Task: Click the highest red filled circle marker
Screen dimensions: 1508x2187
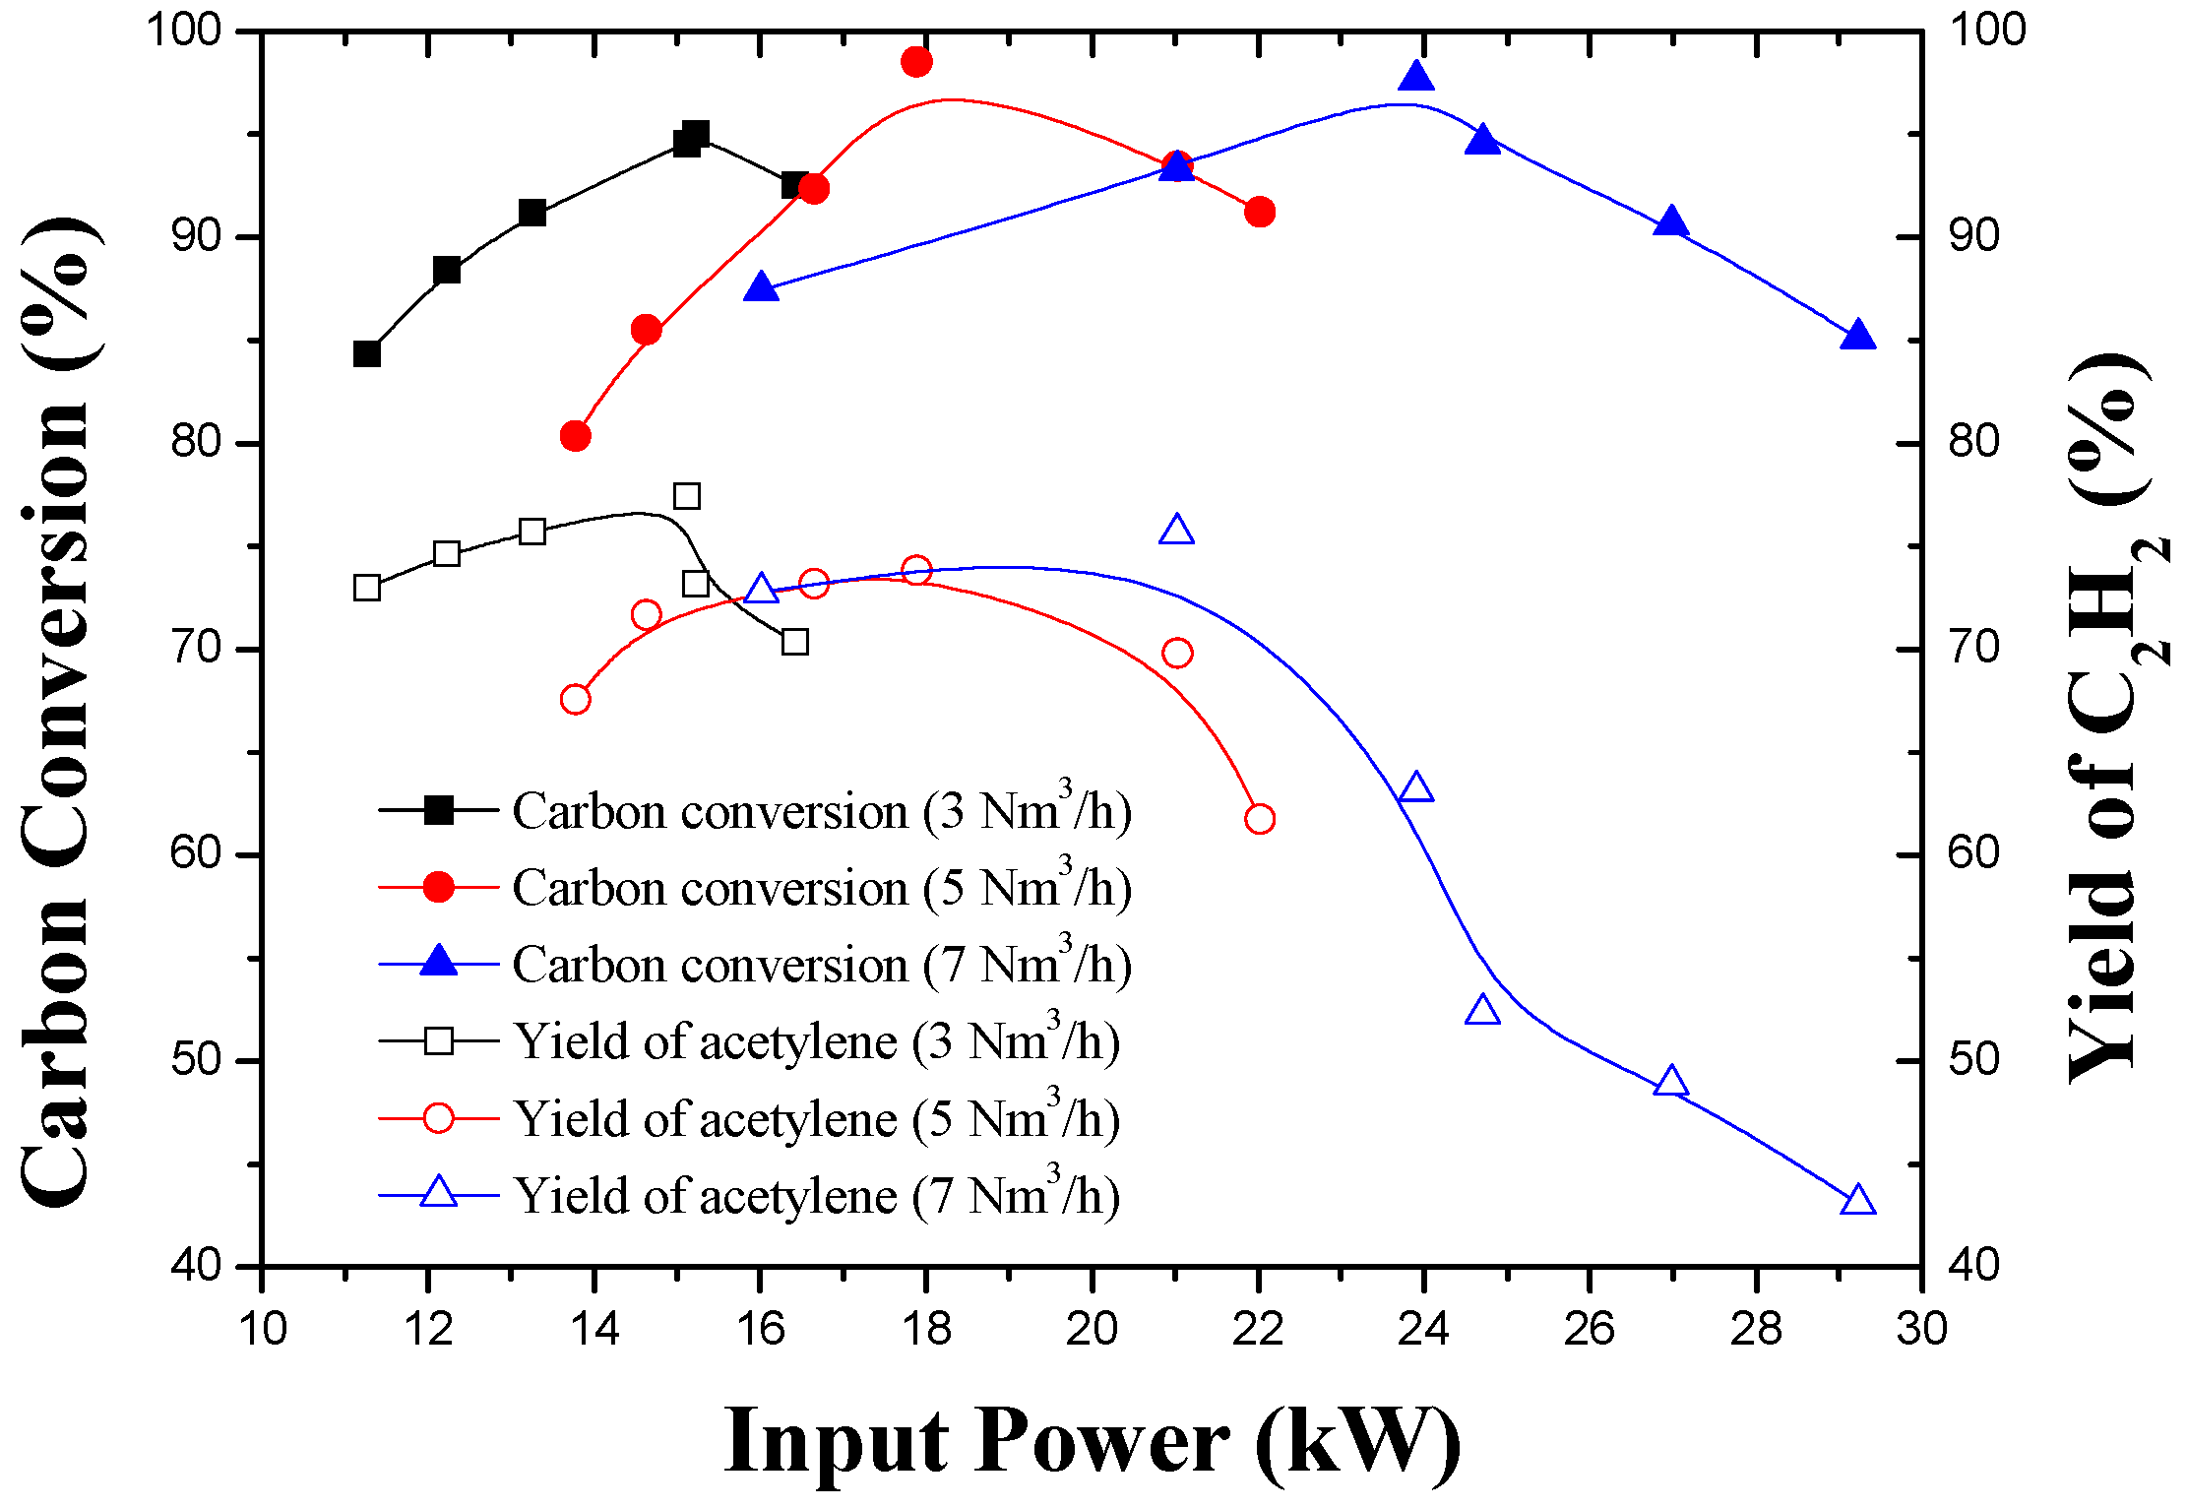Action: [916, 62]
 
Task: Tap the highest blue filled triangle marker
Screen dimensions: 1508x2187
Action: [1416, 76]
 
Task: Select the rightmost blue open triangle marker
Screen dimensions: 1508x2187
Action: [1857, 1201]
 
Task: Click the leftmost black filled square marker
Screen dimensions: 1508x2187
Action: [366, 353]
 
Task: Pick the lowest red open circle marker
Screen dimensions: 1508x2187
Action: [1259, 819]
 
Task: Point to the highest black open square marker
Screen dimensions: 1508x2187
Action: [687, 496]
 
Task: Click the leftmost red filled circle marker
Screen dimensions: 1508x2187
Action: [576, 436]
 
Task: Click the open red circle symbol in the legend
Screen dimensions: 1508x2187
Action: [438, 1118]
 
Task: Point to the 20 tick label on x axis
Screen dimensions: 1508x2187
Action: [1092, 1329]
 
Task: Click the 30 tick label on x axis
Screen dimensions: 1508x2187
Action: [1921, 1329]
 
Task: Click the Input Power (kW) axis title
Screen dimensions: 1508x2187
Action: [1093, 1439]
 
